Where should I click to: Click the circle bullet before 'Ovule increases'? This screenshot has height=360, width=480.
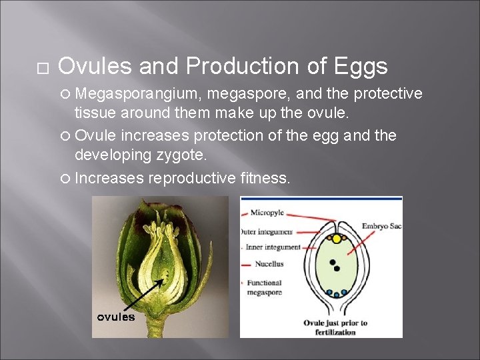tap(65, 136)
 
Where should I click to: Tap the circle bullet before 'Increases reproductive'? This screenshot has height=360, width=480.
tap(65, 179)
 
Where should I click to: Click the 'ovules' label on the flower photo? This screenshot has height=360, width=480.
tap(116, 317)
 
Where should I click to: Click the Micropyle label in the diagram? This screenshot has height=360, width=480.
tap(267, 213)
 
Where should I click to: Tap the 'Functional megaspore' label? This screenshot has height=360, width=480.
tap(265, 287)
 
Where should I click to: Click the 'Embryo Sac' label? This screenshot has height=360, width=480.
tap(381, 227)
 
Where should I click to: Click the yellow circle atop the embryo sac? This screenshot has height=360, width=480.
tap(337, 238)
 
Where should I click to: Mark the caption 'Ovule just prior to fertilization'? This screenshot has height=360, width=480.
tap(335, 327)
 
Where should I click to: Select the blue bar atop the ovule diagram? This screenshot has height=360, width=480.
tap(321, 198)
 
